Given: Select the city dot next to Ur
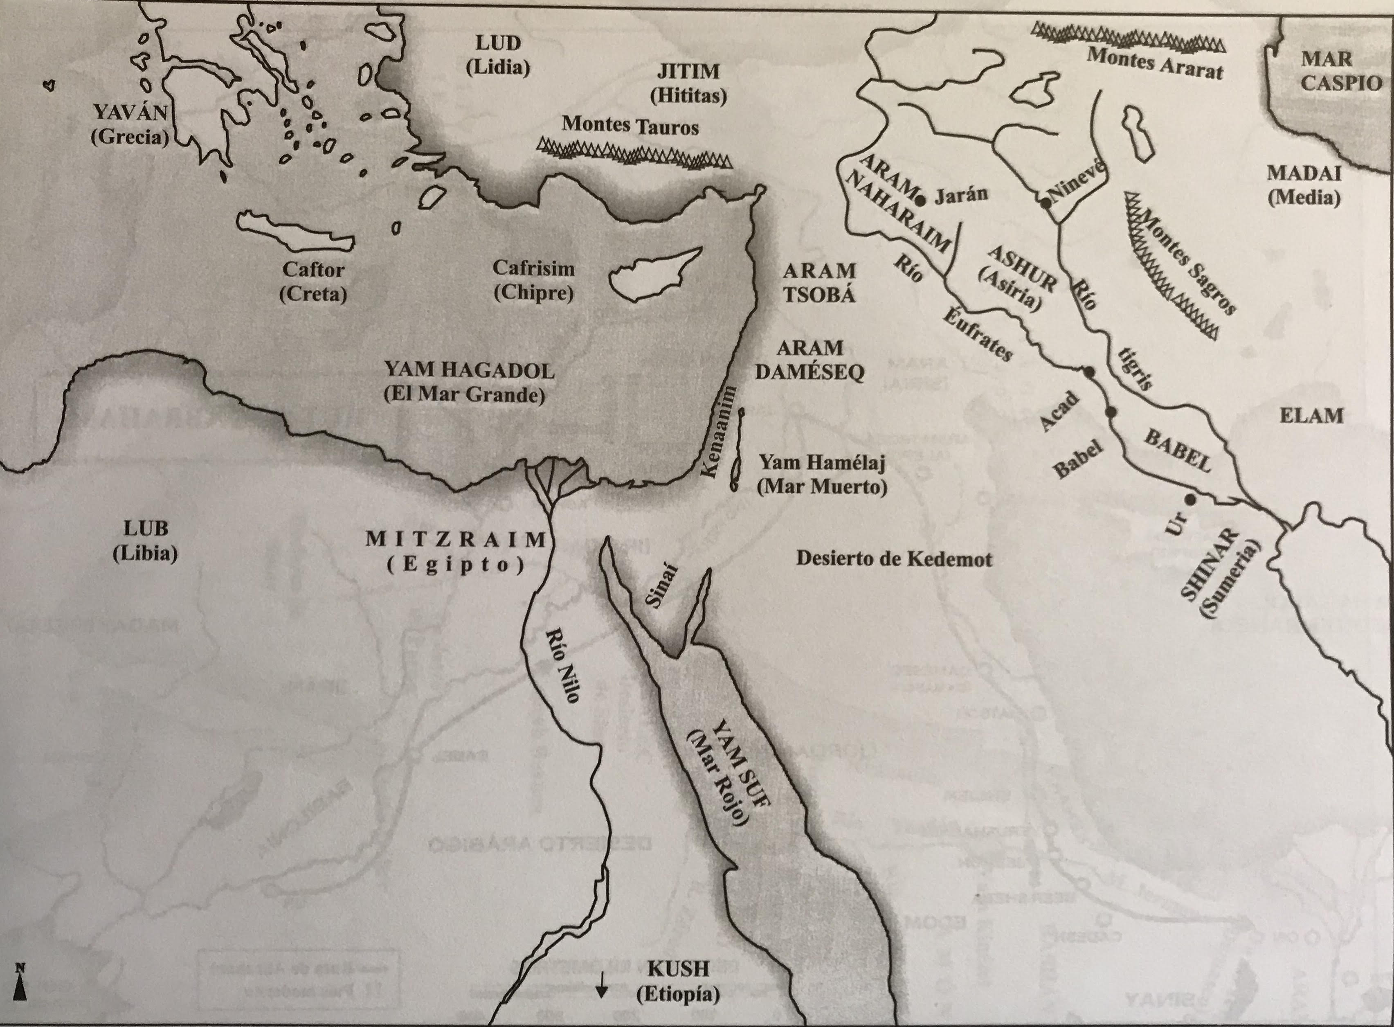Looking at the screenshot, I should (x=1189, y=499).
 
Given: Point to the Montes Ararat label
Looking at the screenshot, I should (x=1154, y=63).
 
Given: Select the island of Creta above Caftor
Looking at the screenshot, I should (x=292, y=230).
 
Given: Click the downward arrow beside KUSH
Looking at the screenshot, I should (x=600, y=983).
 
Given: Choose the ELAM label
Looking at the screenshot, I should (x=1311, y=415).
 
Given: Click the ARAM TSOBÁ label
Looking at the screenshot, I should (x=818, y=282).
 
